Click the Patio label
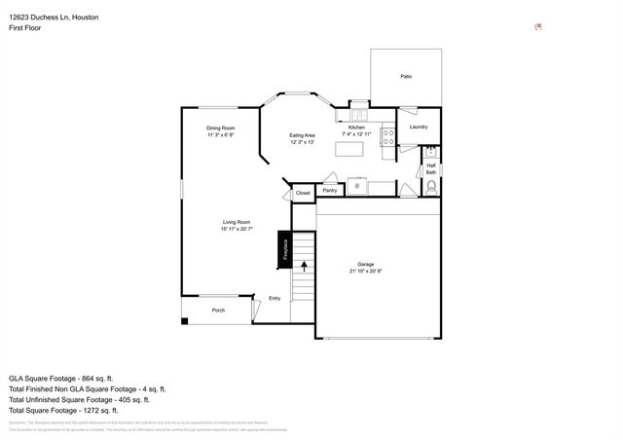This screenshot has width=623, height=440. click(x=406, y=76)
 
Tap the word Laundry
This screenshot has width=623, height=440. click(x=419, y=127)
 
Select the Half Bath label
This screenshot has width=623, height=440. click(x=431, y=168)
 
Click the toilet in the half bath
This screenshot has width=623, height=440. click(x=432, y=186)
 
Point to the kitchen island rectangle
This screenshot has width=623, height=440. click(x=348, y=149)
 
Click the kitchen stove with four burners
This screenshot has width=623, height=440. click(x=387, y=137)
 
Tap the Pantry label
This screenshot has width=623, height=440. click(x=330, y=190)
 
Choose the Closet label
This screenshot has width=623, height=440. click(x=303, y=194)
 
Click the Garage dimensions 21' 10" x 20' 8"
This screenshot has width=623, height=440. click(x=365, y=271)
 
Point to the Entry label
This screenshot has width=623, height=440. click(x=275, y=298)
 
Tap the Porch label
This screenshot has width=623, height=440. click(x=218, y=311)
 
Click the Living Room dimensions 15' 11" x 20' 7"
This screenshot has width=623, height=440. click(x=237, y=229)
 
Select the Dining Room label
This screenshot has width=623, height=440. click(x=220, y=128)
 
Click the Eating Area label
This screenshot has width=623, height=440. click(x=302, y=135)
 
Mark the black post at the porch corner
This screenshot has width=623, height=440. click(x=185, y=319)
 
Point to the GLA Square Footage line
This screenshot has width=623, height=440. click(x=61, y=378)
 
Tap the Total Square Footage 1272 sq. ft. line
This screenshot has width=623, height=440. click(x=64, y=410)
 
